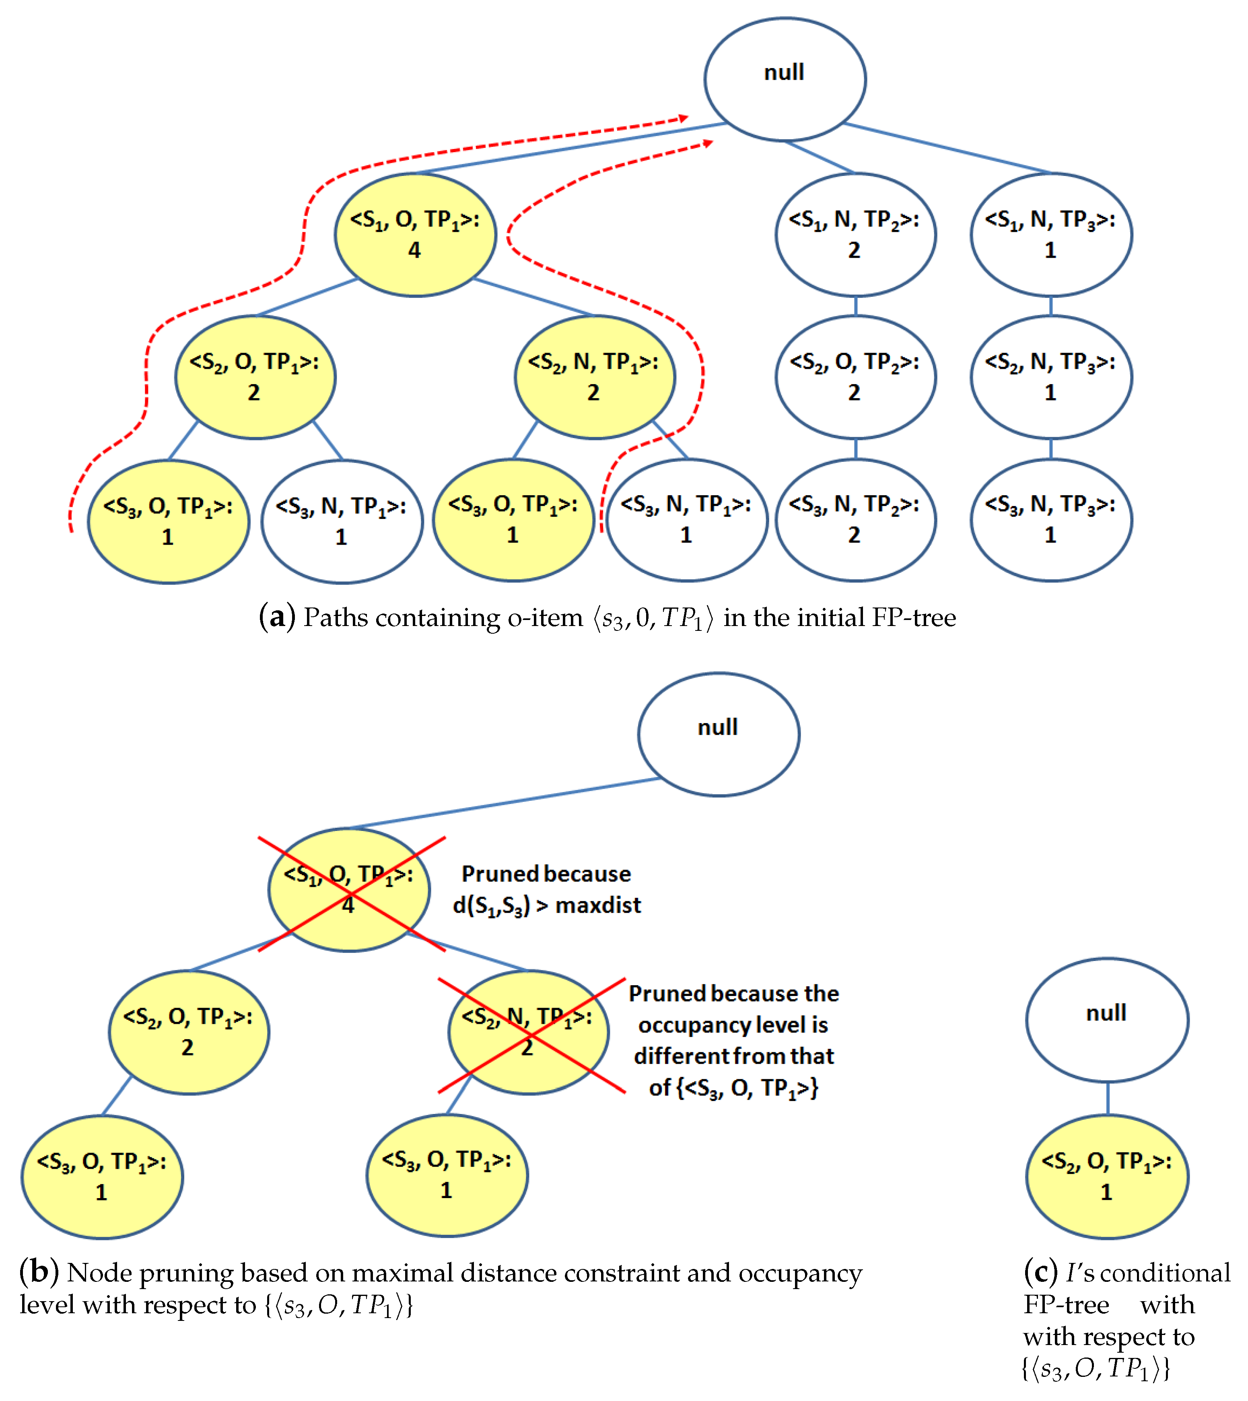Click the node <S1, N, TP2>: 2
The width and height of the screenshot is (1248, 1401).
click(x=855, y=235)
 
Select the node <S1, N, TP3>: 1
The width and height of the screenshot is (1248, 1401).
click(x=1050, y=235)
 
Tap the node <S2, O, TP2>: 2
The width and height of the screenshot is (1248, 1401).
click(x=855, y=377)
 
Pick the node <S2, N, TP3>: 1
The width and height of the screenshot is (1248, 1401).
click(x=1050, y=377)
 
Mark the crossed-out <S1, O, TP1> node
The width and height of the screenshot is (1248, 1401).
click(x=349, y=890)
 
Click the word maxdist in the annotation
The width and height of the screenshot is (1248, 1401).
click(x=598, y=906)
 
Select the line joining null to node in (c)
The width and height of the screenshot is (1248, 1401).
click(x=1108, y=1098)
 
